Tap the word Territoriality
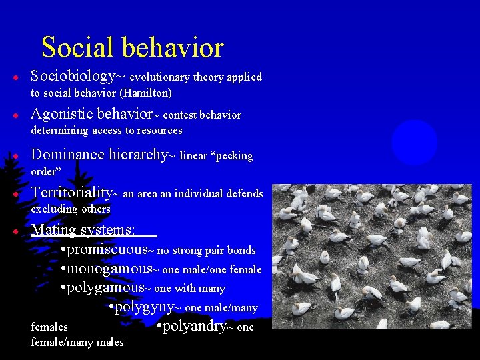(x=71, y=193)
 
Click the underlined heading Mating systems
(x=83, y=230)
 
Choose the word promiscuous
(x=107, y=250)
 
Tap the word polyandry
(x=191, y=327)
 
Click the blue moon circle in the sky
(x=414, y=143)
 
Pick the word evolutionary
(x=159, y=77)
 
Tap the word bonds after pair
(x=241, y=251)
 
